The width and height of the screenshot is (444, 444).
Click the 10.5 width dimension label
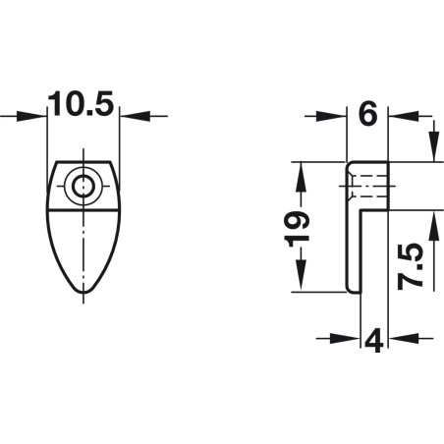(x=81, y=103)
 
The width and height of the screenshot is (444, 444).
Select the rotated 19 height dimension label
(x=298, y=229)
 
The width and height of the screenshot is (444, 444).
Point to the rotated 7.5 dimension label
(x=411, y=266)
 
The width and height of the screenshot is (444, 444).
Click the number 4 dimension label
(x=373, y=341)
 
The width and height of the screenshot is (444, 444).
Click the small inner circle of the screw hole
(x=83, y=187)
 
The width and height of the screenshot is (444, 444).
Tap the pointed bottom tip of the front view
(x=83, y=292)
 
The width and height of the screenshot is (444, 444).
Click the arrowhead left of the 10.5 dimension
(x=30, y=116)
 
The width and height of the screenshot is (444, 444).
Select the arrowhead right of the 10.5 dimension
(x=136, y=116)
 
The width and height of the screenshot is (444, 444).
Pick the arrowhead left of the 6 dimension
(x=331, y=116)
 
